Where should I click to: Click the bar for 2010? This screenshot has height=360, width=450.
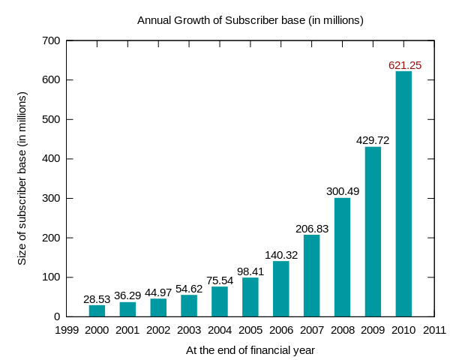(x=403, y=193)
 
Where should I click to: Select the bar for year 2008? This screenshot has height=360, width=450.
(x=342, y=257)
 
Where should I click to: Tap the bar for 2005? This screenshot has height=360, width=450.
(x=250, y=297)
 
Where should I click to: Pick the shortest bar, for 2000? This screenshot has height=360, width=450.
(x=97, y=310)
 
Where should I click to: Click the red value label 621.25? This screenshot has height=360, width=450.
(x=405, y=65)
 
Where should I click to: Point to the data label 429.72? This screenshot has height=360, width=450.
(x=373, y=140)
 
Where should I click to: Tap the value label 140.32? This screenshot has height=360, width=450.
(x=281, y=255)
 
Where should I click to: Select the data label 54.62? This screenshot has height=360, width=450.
(x=189, y=289)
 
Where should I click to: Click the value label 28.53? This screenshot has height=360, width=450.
(x=97, y=299)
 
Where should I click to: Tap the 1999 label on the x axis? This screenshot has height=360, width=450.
(x=67, y=330)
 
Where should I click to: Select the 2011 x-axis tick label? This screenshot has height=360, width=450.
(x=434, y=330)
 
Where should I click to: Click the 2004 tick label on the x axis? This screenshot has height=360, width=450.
(x=220, y=330)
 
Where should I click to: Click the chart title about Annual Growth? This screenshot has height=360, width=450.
(x=250, y=20)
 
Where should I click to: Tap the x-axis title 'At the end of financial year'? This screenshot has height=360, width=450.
(x=250, y=350)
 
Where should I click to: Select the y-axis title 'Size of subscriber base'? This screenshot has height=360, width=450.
(x=22, y=178)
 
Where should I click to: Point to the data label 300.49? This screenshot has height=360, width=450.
(x=343, y=191)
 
